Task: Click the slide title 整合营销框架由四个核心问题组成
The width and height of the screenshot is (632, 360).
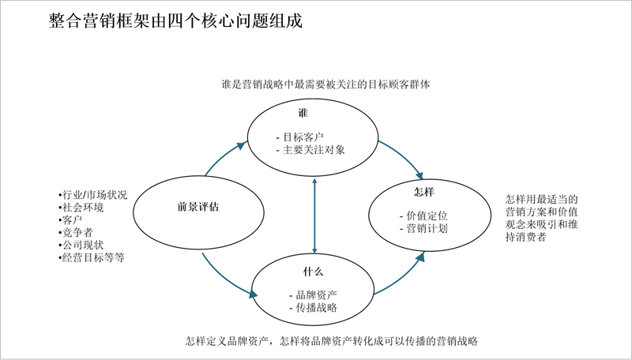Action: (175, 21)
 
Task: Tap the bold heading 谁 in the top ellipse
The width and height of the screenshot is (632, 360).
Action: (303, 113)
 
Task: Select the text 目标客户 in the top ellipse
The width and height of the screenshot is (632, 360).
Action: (303, 137)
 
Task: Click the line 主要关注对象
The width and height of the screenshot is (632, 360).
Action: (314, 150)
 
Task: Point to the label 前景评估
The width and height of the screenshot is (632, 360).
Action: (198, 207)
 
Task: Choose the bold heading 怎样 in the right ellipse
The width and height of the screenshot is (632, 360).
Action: (424, 192)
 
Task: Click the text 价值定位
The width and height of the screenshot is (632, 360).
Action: (427, 216)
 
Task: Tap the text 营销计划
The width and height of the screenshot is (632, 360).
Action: (427, 229)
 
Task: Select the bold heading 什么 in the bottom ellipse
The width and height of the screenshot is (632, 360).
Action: (313, 272)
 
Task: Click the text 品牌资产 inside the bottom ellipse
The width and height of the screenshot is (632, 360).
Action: (317, 295)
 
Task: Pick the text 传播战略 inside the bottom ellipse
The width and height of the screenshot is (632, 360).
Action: (317, 308)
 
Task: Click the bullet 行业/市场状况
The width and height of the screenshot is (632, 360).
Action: (93, 195)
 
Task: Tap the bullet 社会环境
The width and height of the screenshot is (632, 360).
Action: (81, 208)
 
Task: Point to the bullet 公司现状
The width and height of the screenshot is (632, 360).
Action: (81, 245)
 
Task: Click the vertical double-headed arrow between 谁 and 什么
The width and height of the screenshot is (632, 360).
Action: (314, 216)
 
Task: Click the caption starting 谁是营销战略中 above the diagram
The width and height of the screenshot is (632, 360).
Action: (325, 84)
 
